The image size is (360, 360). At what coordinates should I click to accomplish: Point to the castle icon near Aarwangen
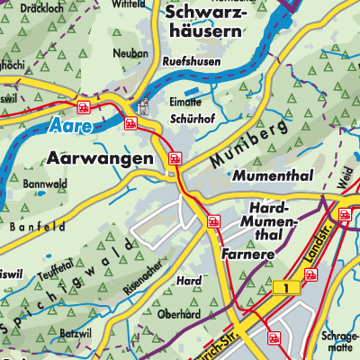(141, 106)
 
